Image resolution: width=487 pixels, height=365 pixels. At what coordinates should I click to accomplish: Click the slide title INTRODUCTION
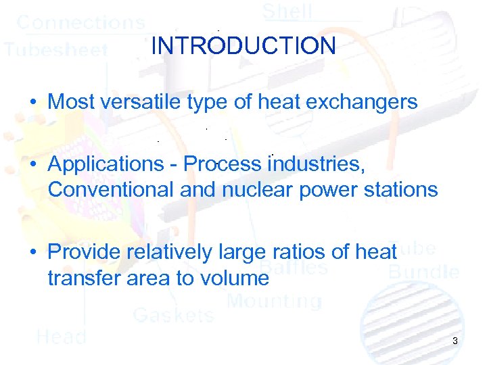pos(243,46)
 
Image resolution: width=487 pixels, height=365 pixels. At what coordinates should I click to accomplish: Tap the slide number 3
pos(455,341)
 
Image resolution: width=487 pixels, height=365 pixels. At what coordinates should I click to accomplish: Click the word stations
pos(399,189)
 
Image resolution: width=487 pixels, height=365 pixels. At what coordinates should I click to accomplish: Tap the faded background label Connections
pos(80,22)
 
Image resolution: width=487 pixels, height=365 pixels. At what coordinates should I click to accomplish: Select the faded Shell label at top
pos(287,11)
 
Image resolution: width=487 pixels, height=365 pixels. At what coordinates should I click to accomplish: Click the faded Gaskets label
pos(173,314)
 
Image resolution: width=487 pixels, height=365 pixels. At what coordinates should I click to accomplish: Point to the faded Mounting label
pos(274,301)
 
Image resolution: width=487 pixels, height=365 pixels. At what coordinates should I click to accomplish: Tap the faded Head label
pos(61,337)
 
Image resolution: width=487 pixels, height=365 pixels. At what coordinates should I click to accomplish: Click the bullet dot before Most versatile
pos(32,103)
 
